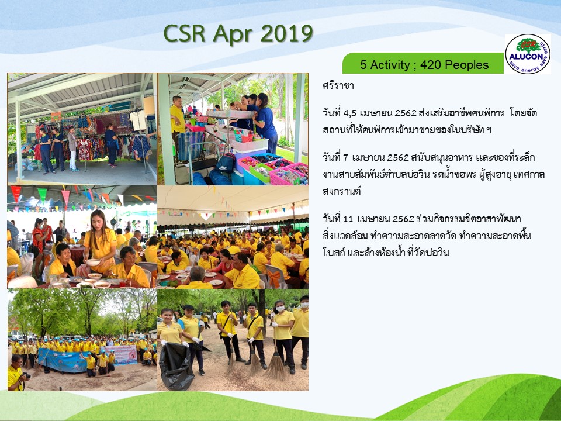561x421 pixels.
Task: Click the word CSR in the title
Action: (x=184, y=34)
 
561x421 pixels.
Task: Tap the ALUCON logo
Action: (x=528, y=54)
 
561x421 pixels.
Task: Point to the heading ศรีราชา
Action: (x=338, y=85)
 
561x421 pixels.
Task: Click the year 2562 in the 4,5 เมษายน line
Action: (x=406, y=113)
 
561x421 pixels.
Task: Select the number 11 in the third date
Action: (x=348, y=219)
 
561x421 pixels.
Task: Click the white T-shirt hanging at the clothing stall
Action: (x=138, y=120)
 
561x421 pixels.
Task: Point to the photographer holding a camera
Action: (x=16, y=373)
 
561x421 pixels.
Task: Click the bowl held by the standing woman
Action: (x=93, y=263)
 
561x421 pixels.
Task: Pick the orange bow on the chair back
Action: (x=275, y=279)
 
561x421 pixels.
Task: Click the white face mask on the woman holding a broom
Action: (x=280, y=308)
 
